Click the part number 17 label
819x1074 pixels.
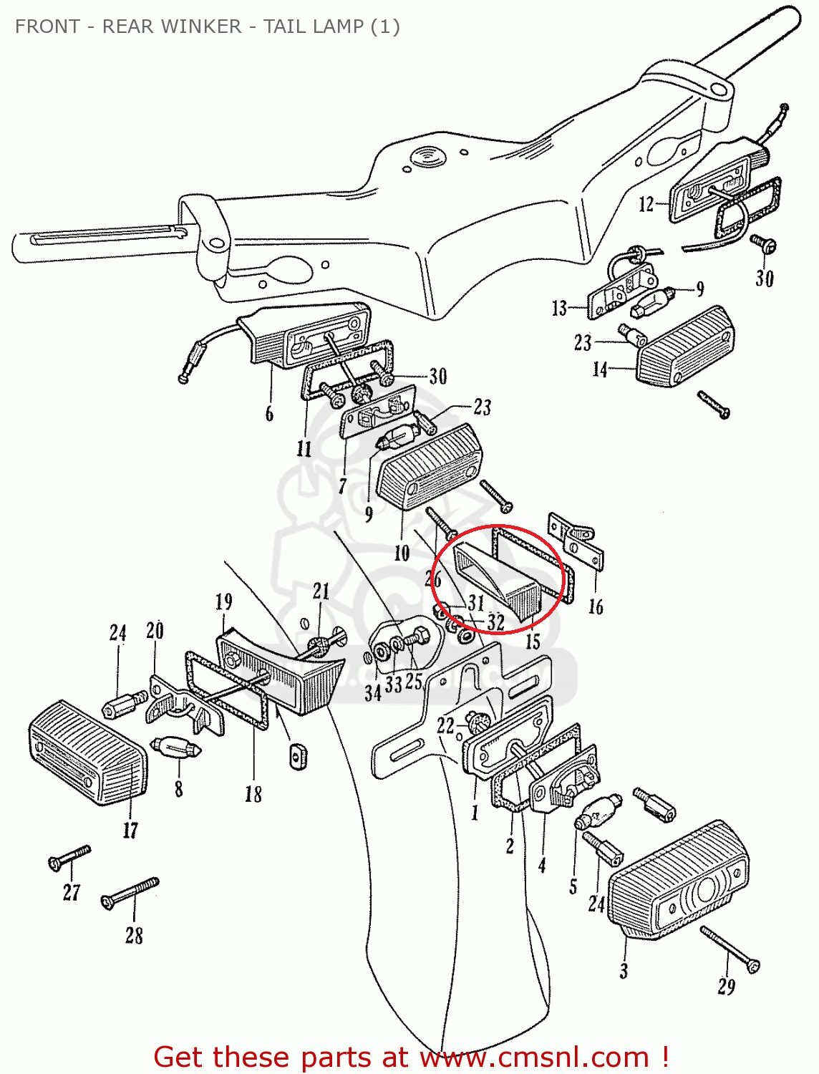coord(130,830)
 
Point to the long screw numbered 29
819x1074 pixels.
coord(730,949)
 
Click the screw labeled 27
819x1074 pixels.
coord(69,857)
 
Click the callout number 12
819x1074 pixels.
coord(646,205)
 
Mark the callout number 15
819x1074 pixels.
coord(533,641)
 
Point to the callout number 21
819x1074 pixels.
coord(321,591)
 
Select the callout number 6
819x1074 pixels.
coord(269,413)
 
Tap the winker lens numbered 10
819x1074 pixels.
coord(427,465)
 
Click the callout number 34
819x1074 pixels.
coord(372,692)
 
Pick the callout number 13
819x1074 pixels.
coord(559,309)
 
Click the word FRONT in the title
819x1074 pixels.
coord(47,26)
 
